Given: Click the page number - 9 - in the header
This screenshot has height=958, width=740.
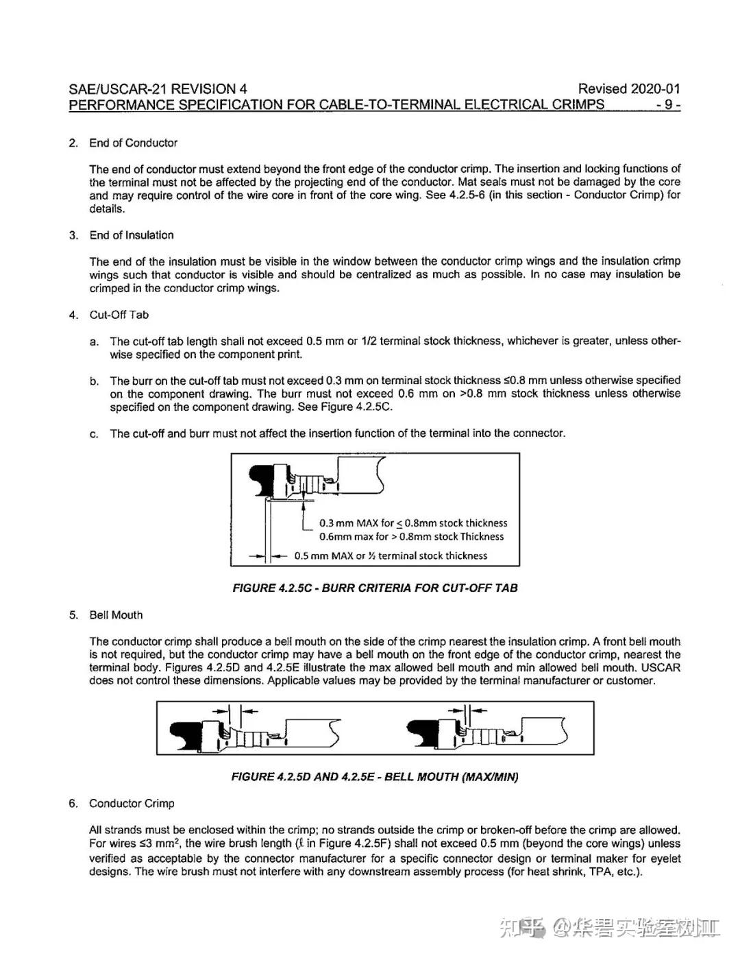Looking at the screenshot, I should (x=667, y=104).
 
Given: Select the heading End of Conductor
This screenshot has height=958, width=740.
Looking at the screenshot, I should (x=133, y=143).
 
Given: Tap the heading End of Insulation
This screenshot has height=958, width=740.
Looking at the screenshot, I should (x=132, y=235).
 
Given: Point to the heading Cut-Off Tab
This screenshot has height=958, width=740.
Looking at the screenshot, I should (x=119, y=315).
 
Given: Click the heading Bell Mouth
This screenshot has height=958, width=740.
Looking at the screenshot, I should (x=116, y=615).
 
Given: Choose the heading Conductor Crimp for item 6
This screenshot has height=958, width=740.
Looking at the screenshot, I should (x=132, y=803).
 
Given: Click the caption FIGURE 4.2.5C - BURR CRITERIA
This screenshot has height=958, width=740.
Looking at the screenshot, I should (x=375, y=588).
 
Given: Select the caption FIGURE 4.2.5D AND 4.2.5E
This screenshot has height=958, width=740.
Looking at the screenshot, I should (x=375, y=777).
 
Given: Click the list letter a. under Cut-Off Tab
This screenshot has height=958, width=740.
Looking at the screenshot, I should (x=94, y=342).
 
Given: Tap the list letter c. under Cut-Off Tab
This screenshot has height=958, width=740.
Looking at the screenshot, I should (x=94, y=434).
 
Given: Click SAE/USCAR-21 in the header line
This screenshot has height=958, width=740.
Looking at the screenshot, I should (x=118, y=88).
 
